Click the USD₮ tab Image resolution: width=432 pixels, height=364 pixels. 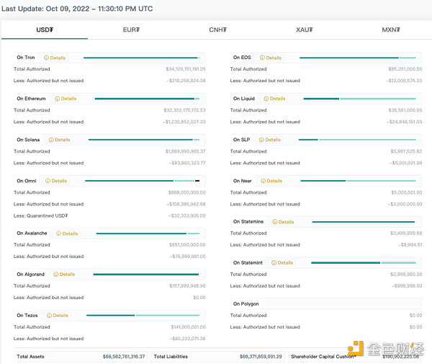coord(45,30)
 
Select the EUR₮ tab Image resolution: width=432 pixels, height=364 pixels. coord(131,30)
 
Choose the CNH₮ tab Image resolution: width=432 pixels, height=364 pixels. coord(218,30)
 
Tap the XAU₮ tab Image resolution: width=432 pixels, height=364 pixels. coord(305,30)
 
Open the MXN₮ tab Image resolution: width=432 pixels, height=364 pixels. coord(391,30)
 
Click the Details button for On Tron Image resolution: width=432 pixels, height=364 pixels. coord(55,58)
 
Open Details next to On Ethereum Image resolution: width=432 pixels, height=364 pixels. coord(66,99)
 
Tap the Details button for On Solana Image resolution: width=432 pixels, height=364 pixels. coord(60,140)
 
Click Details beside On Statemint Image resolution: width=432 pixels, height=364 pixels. coord(283,263)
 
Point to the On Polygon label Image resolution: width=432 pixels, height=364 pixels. coord(246,304)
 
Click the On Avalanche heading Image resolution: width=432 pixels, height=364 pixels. coord(32,234)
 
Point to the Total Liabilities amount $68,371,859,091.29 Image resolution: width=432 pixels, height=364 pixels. coord(251,357)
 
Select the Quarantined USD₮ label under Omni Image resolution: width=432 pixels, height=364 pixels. coord(41,216)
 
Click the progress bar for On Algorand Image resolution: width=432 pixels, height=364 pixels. coord(145,275)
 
